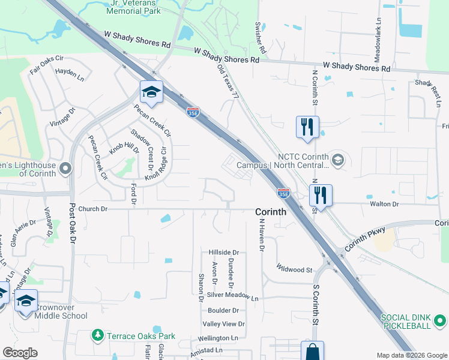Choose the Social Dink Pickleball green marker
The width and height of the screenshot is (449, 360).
click(441, 320)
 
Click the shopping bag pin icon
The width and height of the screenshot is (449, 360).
click(312, 352)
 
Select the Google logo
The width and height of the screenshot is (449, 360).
click(20, 353)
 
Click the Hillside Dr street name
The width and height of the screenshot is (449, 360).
click(224, 253)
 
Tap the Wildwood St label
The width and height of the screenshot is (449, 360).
click(294, 268)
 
